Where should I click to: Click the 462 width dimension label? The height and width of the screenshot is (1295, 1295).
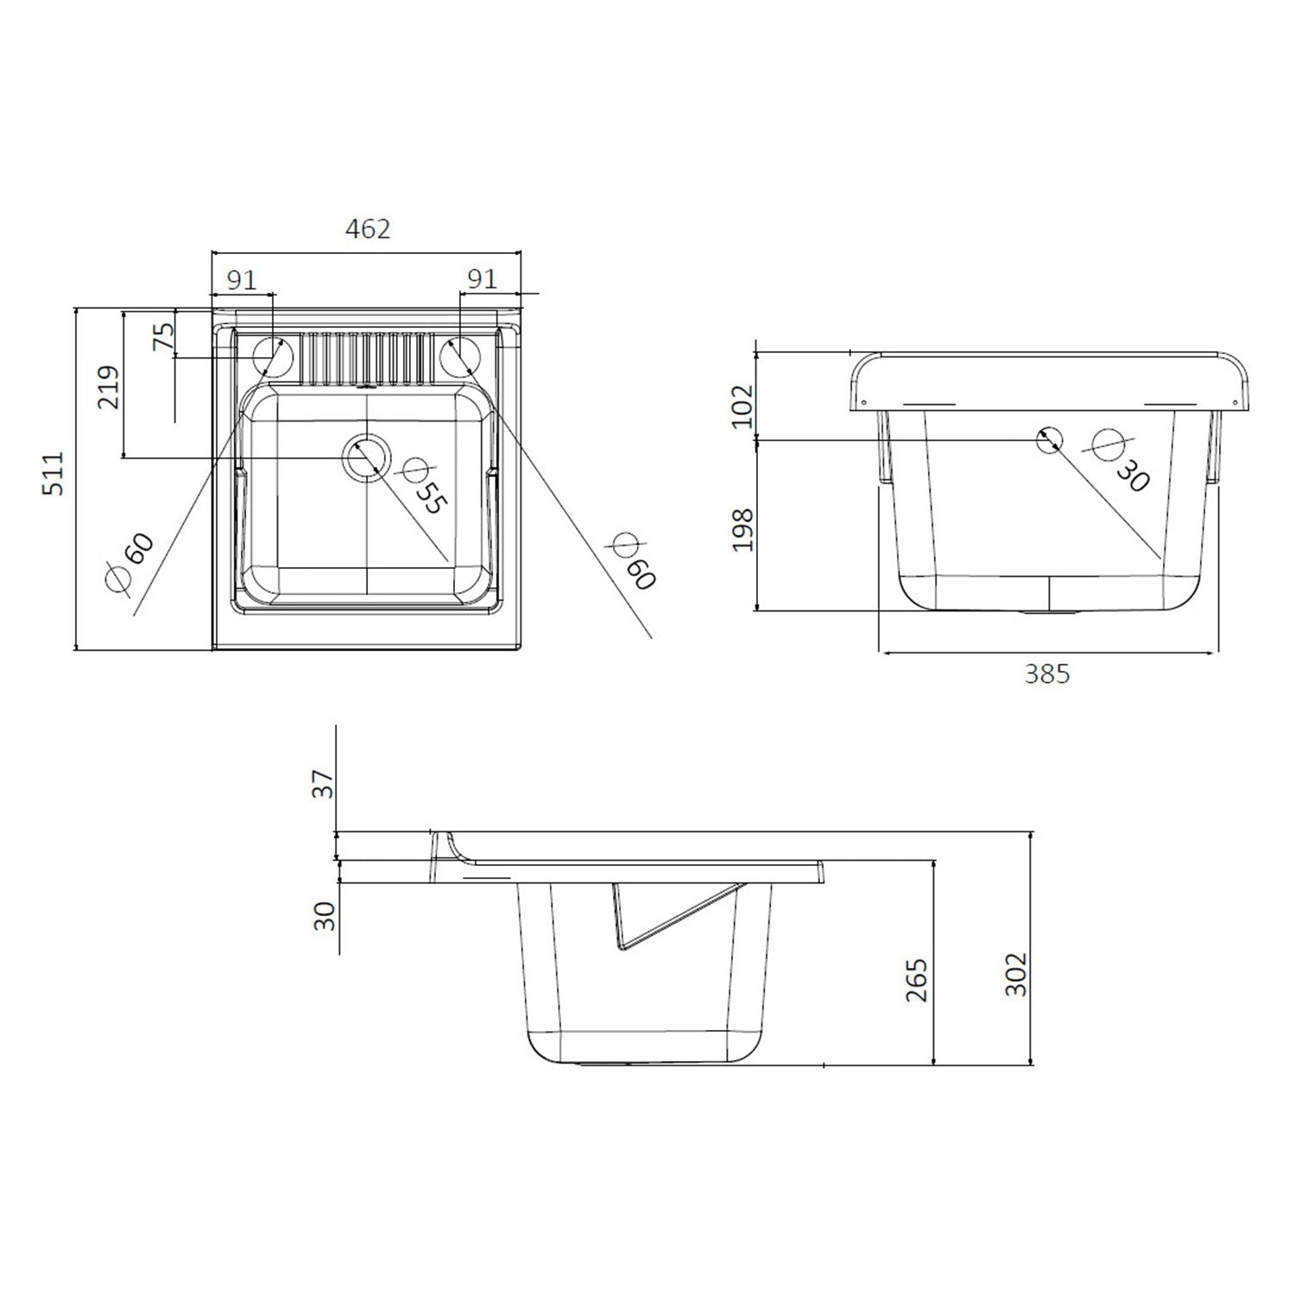[x=368, y=230]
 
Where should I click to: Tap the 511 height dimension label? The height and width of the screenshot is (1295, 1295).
[x=54, y=474]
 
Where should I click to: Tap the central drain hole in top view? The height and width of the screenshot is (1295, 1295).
[x=367, y=458]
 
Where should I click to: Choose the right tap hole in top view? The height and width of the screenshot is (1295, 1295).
[x=460, y=356]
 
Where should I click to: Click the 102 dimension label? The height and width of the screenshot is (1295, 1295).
[x=742, y=407]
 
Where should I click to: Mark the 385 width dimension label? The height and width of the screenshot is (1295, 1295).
[x=1046, y=673]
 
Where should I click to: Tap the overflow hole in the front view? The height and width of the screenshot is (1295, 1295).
[x=1049, y=440]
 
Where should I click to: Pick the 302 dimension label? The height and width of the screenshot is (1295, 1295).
[x=1017, y=974]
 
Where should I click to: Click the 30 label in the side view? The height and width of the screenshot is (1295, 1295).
[x=324, y=915]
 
